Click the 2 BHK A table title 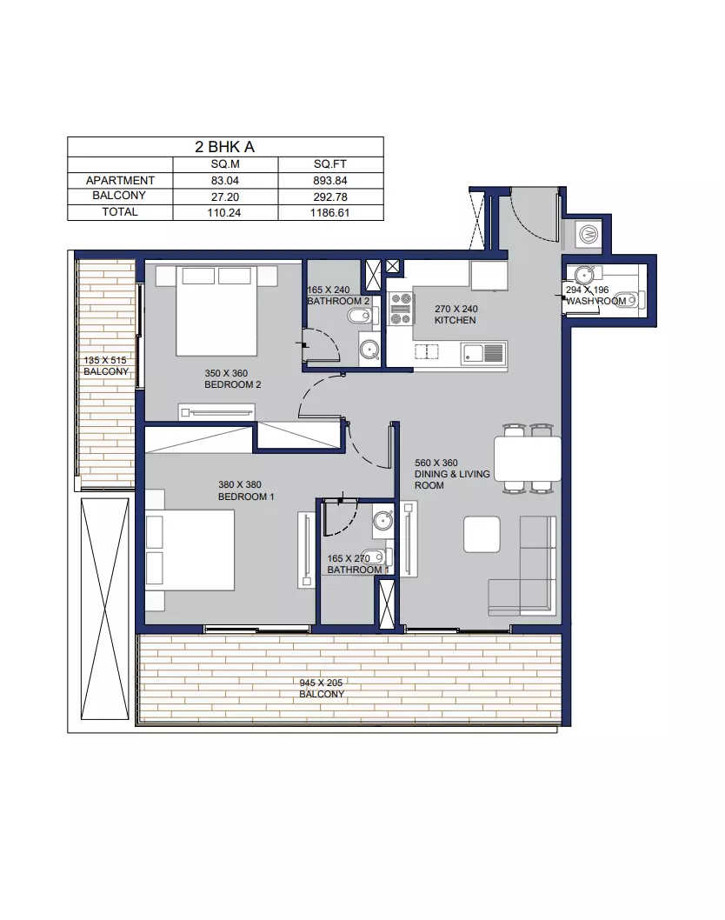pos(224,147)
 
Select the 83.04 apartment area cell pos(225,181)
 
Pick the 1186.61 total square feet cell pos(330,213)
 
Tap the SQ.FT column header pos(330,164)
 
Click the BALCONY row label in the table pos(119,196)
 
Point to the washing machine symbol pos(589,235)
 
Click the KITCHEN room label pos(456,320)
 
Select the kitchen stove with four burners pos(402,309)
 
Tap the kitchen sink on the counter pos(483,354)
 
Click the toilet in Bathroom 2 pos(360,317)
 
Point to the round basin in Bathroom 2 pos(369,350)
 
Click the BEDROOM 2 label pos(233,384)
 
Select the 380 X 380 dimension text pos(240,484)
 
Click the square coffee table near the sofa pos(482,535)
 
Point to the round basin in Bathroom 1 pos(383,520)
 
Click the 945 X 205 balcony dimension pos(321,683)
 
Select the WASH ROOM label pos(596,301)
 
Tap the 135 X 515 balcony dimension pos(105,360)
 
